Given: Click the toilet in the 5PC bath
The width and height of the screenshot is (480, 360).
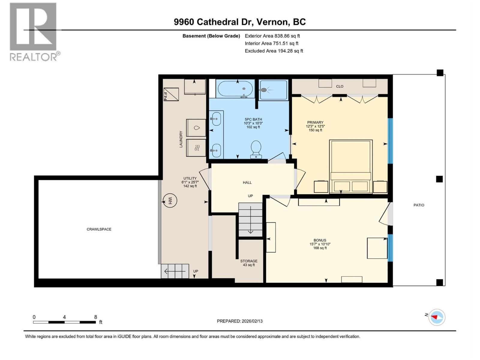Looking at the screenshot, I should point(256,149).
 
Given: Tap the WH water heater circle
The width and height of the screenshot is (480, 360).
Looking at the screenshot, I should point(169,201).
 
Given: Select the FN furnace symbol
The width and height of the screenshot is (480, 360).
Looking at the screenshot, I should point(171,94).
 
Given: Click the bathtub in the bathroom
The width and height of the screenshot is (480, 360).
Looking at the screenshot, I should point(235,89).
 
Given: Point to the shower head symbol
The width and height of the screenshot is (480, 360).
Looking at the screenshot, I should point(264,90).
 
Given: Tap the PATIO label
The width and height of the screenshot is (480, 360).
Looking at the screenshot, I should point(419,205).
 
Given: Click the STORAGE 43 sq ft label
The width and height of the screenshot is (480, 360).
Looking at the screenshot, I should point(249,263).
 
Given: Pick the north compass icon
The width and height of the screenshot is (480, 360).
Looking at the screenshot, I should point(436,317).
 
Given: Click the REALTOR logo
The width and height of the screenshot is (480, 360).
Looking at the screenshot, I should point(34,31).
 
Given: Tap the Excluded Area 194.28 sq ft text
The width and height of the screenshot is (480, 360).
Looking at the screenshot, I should point(274,51).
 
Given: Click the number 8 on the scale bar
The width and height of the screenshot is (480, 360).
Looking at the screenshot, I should point(95,317).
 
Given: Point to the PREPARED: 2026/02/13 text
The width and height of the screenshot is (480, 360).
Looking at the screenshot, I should point(240,321).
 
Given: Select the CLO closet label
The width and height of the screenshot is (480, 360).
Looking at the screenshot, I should point(340,86).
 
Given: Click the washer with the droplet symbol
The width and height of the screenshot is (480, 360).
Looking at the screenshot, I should point(196,128).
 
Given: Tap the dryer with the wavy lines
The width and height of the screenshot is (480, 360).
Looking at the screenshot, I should point(196,148).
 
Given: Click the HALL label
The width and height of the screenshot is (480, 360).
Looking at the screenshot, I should point(247,182).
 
